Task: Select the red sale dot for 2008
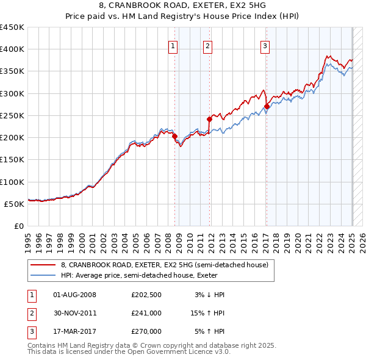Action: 174,136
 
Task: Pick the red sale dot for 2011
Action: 209,119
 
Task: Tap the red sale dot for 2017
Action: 267,106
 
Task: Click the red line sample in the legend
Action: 43,265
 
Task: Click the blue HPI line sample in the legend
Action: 43,275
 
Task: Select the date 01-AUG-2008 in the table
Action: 75,295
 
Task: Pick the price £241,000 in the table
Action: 146,313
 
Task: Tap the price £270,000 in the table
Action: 146,331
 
